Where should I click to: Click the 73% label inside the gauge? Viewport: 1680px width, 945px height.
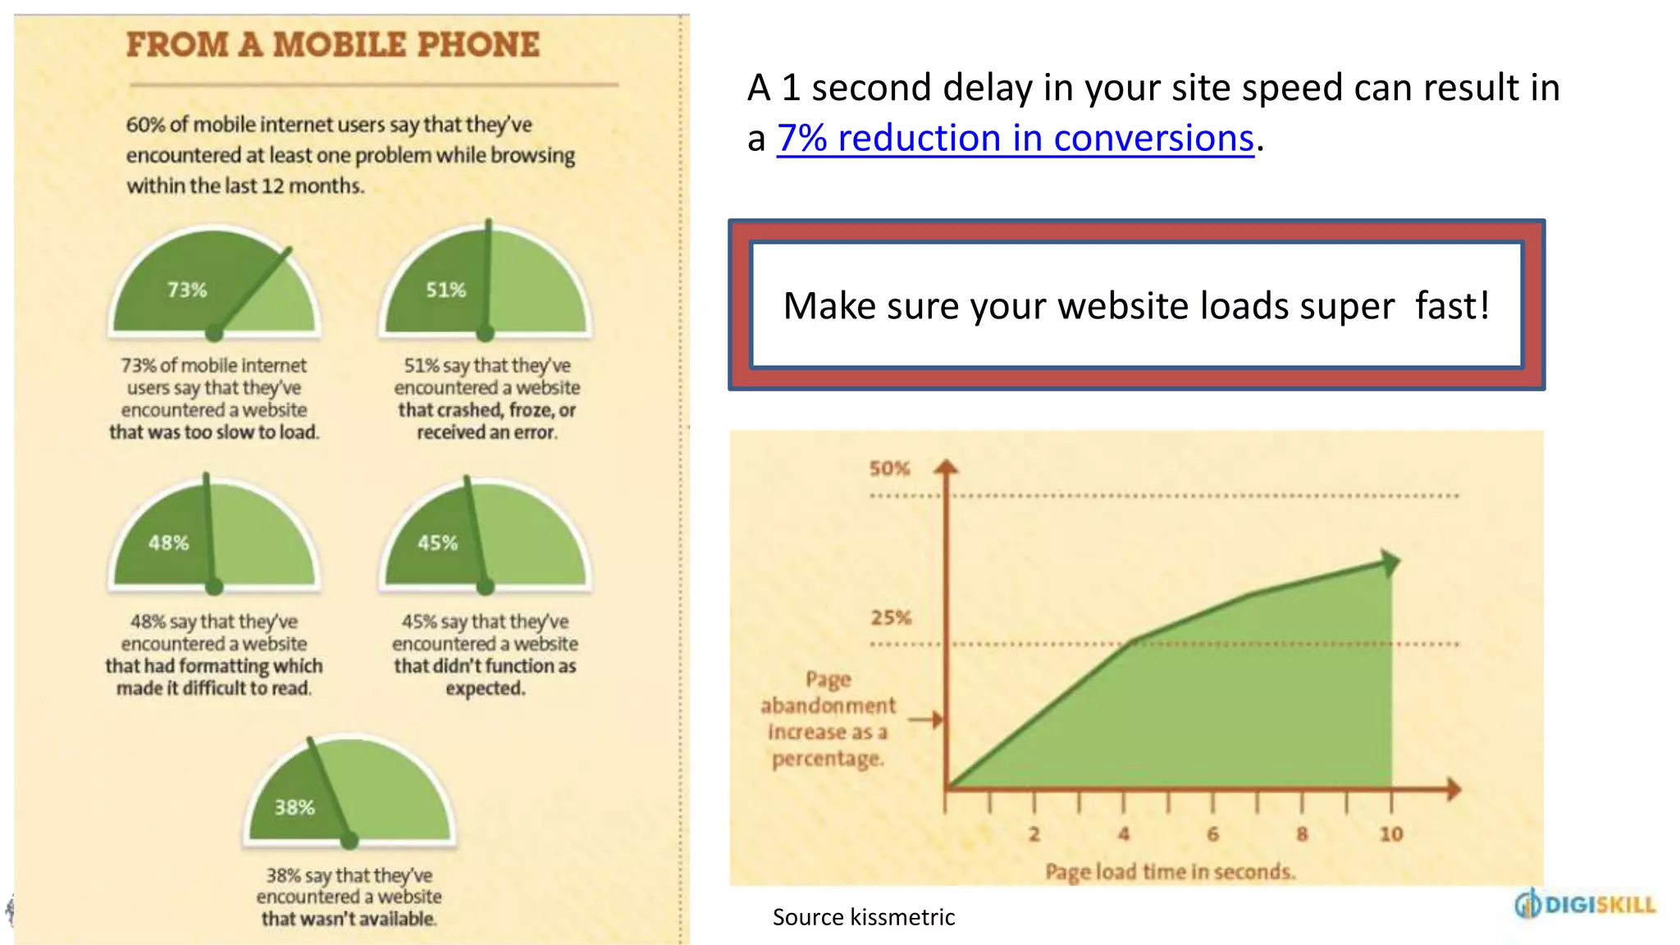click(187, 290)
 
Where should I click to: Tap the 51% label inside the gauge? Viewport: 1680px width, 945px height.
click(445, 290)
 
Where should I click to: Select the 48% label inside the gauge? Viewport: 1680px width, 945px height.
click(168, 543)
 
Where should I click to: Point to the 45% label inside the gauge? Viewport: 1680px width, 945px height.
click(437, 543)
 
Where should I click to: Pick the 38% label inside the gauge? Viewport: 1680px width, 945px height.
click(294, 808)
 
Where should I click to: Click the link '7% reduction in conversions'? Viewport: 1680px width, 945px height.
click(1015, 138)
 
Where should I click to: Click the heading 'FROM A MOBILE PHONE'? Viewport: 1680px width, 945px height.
click(333, 45)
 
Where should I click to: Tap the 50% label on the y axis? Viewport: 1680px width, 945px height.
click(890, 468)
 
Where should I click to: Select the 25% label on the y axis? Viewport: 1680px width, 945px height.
click(891, 618)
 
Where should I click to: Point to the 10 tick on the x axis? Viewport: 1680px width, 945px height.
click(1390, 834)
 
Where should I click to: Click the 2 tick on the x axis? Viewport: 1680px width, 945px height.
click(1034, 834)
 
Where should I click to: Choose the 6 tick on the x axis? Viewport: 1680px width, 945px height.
click(1212, 834)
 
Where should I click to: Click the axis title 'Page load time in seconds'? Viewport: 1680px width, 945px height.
click(1171, 871)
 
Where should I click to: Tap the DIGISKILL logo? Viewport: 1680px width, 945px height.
click(1585, 905)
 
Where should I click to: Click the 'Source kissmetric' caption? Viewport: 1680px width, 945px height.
click(864, 917)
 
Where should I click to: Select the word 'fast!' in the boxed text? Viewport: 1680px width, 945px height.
click(1452, 306)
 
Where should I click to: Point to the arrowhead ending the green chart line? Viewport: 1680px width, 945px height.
click(1389, 563)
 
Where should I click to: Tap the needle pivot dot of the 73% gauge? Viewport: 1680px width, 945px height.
click(214, 333)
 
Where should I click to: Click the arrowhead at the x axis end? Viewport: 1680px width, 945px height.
click(1454, 789)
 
